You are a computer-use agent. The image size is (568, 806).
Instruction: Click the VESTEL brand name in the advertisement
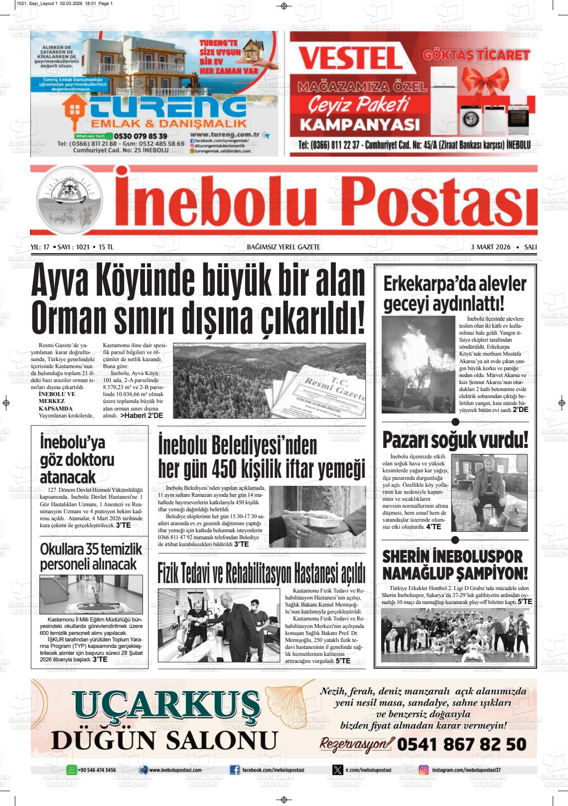click(350, 58)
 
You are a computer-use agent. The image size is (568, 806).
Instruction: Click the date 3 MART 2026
click(490, 247)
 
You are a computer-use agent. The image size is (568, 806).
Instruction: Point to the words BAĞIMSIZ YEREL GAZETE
click(284, 247)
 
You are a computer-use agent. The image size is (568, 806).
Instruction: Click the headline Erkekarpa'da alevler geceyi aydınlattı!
click(454, 293)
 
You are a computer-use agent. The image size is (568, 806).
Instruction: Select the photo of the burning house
click(419, 364)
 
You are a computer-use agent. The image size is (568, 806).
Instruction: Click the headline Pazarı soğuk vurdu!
click(455, 441)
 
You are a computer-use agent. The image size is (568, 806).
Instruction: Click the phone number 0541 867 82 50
click(461, 745)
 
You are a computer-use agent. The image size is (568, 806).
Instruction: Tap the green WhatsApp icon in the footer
click(72, 770)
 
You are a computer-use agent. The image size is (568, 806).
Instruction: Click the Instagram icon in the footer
click(424, 770)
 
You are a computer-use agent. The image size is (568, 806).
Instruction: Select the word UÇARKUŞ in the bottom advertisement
click(166, 705)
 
